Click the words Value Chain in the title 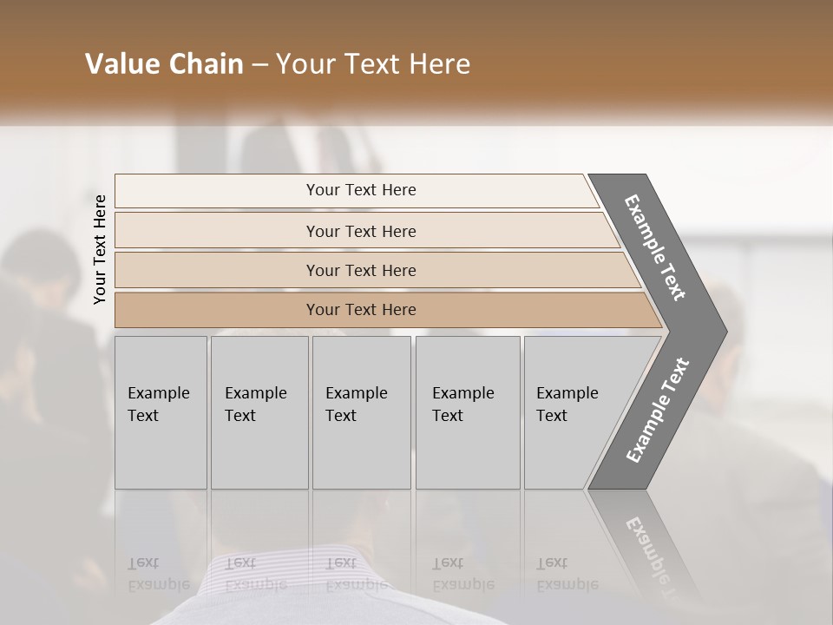(x=164, y=64)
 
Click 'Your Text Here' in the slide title (x=373, y=64)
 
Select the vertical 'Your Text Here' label (x=100, y=250)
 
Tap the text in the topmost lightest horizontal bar (x=361, y=190)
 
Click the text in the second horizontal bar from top (x=361, y=231)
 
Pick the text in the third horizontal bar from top (x=361, y=270)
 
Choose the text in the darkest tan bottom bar (x=361, y=310)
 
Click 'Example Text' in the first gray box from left (x=158, y=405)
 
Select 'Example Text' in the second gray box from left (x=255, y=405)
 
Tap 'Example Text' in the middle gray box (x=356, y=405)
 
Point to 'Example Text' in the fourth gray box (x=462, y=405)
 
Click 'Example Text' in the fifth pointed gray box (x=567, y=405)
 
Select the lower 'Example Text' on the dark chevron (x=658, y=411)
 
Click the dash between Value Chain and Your (x=259, y=64)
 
